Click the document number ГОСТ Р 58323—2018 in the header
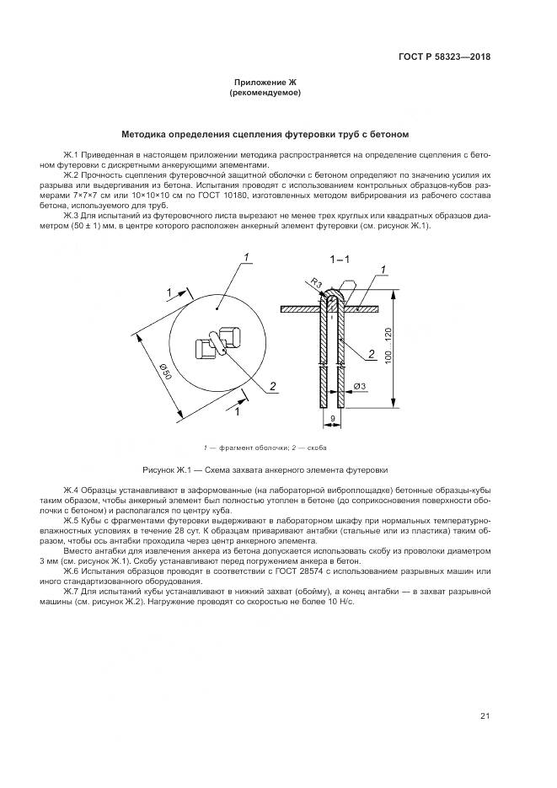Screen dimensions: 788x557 (444, 57)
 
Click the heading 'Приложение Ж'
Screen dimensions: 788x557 (265, 82)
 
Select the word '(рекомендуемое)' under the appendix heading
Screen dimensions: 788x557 (265, 92)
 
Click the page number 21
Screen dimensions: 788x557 (485, 716)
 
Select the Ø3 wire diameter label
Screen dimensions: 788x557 (359, 386)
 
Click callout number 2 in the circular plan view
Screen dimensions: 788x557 (272, 386)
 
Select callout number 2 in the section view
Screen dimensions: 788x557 (371, 355)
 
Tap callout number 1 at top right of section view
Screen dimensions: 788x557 (383, 269)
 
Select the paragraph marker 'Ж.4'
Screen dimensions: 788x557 (72, 490)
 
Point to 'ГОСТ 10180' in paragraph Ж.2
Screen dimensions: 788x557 (213, 196)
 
